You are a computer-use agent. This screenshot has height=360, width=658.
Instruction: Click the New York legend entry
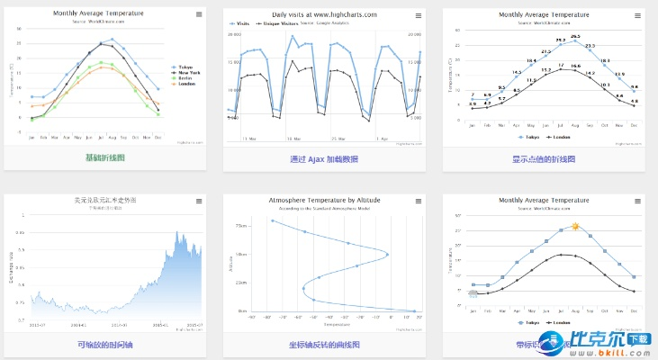click(187, 72)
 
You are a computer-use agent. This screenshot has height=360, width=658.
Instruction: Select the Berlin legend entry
click(185, 78)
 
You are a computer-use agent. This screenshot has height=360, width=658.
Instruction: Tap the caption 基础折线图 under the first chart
click(104, 158)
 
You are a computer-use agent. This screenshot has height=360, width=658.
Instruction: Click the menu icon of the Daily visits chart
click(419, 15)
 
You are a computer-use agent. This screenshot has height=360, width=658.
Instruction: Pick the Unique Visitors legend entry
click(282, 23)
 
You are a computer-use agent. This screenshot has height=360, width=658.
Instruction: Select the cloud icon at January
click(473, 292)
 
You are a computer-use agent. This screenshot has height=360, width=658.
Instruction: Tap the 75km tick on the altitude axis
click(241, 225)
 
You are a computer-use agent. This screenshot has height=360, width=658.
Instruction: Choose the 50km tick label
click(241, 254)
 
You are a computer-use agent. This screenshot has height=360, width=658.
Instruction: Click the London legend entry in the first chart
click(185, 85)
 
